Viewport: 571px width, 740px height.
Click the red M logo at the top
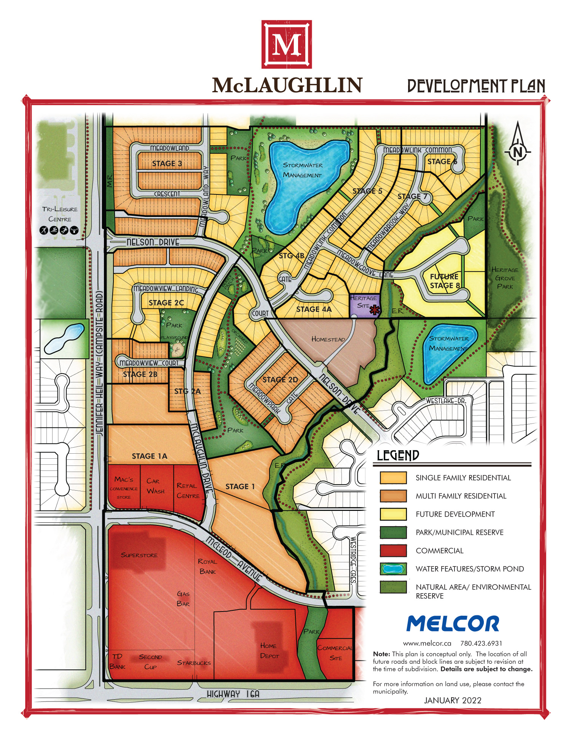coord(286,44)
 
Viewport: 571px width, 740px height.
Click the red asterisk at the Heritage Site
coord(375,310)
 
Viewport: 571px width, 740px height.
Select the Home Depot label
coord(270,650)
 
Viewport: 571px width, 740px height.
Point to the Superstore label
coord(139,555)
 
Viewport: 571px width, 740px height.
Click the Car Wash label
coord(155,486)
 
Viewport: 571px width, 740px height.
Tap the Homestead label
coord(328,339)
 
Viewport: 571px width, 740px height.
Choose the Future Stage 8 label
coord(445,281)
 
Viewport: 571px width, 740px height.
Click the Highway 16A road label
coord(233,694)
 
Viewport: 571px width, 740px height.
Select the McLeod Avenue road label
coord(234,559)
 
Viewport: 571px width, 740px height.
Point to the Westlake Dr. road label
coord(446,401)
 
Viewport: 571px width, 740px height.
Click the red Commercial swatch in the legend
coord(393,551)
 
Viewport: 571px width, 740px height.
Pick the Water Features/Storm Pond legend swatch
coord(393,569)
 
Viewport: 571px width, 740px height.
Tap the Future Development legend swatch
coord(393,514)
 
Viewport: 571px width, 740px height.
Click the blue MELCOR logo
coord(453,624)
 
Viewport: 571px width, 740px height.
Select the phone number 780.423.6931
coord(481,644)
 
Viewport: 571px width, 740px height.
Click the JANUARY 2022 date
coord(453,700)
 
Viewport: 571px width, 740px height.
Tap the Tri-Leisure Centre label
coord(60,214)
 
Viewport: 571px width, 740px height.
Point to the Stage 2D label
coord(280,380)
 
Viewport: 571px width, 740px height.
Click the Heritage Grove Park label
coord(505,278)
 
